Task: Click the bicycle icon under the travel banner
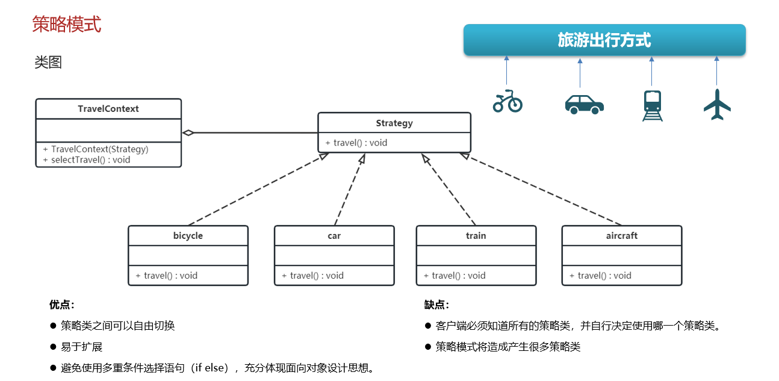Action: coord(507,102)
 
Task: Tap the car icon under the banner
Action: coord(584,104)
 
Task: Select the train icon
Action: coord(652,105)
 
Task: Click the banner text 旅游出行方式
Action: coord(604,40)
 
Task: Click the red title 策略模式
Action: coord(66,25)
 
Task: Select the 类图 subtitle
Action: coord(48,63)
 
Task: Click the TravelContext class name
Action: coord(108,109)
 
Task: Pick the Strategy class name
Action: coord(394,123)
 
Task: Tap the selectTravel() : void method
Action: coord(86,160)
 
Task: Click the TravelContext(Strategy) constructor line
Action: coord(95,149)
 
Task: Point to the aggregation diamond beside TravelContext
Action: coord(188,132)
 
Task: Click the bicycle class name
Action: coord(188,235)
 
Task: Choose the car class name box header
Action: coord(334,235)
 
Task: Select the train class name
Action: coord(476,235)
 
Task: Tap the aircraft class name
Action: coord(621,235)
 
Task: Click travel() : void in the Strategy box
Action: coord(356,143)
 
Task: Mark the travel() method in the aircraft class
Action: coord(600,275)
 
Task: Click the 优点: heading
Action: coord(62,305)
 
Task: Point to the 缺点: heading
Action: coord(436,305)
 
